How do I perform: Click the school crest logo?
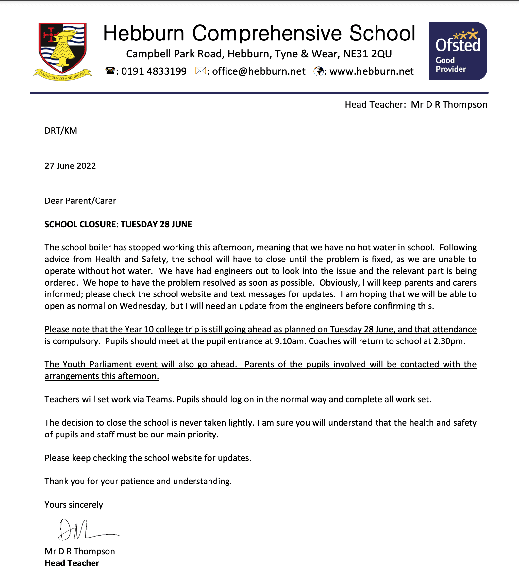click(x=62, y=51)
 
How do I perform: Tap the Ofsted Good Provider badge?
click(x=458, y=51)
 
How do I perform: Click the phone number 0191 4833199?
click(x=154, y=71)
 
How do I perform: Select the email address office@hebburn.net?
click(x=259, y=71)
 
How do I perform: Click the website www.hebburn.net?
click(x=371, y=71)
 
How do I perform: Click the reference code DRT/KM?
click(x=61, y=131)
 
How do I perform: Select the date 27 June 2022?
click(x=70, y=166)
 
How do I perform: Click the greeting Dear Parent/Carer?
click(x=80, y=201)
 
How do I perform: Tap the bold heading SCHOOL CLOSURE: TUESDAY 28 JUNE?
click(x=118, y=224)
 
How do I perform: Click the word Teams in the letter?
click(x=159, y=399)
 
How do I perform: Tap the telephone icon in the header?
click(x=110, y=71)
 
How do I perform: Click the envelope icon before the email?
click(x=200, y=71)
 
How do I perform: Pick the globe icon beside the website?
click(x=318, y=71)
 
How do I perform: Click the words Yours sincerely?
click(x=74, y=505)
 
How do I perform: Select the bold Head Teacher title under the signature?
click(x=72, y=563)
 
